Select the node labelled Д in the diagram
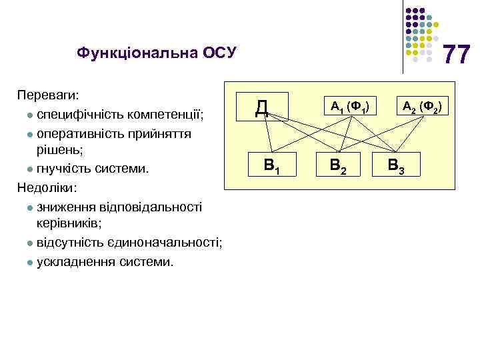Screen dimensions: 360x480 [262, 107]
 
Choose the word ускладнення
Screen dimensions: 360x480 [75, 261]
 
